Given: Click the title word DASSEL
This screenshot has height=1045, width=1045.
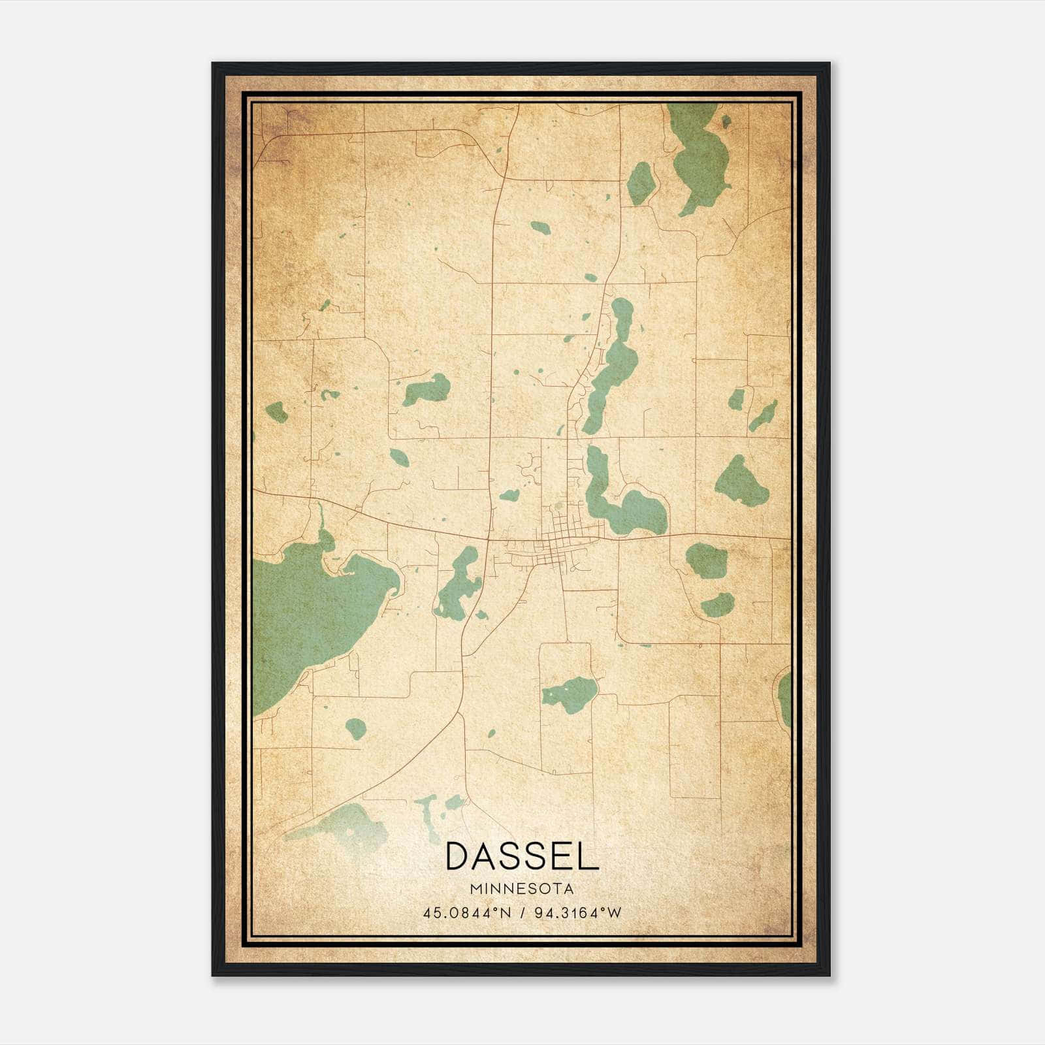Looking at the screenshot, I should click(522, 856).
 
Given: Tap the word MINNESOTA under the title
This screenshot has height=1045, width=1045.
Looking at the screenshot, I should click(522, 889).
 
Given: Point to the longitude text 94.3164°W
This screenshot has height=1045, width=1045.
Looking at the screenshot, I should click(578, 912).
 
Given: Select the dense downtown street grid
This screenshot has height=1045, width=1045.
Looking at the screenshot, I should click(558, 539).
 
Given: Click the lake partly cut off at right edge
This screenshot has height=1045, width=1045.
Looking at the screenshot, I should click(784, 699).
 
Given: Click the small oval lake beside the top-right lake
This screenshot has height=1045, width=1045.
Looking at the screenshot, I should click(641, 183).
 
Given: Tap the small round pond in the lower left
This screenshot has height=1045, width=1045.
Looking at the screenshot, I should click(356, 728).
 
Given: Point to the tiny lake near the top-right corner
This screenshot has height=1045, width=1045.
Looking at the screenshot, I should click(726, 121).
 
